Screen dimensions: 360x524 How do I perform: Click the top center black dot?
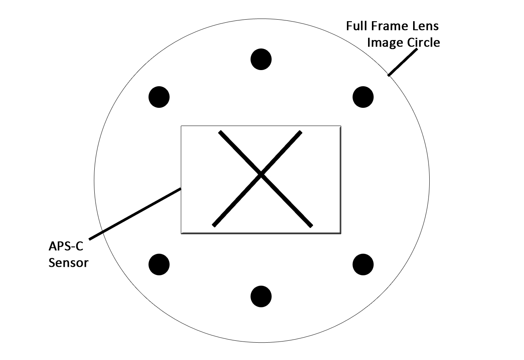coord(261,59)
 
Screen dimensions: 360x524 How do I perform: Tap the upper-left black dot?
coord(159,97)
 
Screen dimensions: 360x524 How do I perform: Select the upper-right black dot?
coord(363,97)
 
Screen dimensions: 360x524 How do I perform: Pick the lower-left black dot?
coord(159,265)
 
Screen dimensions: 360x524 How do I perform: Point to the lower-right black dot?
coord(363,265)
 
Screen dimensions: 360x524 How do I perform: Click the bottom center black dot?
coord(261,296)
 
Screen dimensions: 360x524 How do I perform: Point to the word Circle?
coord(423,42)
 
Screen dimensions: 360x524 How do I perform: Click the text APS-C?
coord(66,246)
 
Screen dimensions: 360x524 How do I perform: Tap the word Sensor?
coord(69,263)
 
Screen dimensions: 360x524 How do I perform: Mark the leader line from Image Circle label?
coord(402,62)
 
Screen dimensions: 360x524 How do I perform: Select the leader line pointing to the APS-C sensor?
coord(135,213)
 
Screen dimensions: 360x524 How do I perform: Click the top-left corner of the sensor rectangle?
coord(181,126)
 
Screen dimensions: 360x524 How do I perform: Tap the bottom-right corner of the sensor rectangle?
coord(341,233)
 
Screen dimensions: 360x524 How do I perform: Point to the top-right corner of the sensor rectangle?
coord(341,126)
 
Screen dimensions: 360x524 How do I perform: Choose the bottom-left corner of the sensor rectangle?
coord(181,233)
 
